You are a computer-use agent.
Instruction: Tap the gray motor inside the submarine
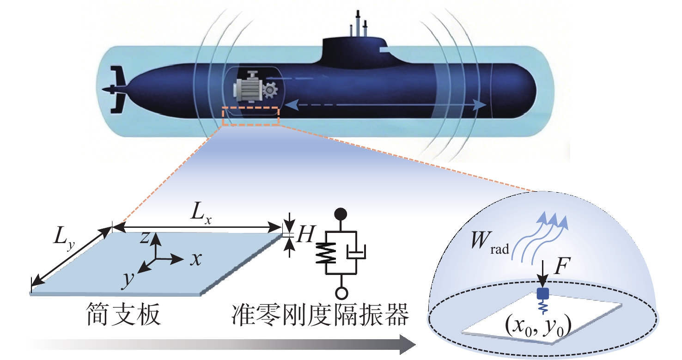click(249, 88)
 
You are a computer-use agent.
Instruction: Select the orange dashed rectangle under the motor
click(250, 116)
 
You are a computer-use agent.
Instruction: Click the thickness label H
click(305, 236)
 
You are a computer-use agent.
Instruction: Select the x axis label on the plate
click(196, 260)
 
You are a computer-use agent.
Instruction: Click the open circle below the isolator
click(341, 293)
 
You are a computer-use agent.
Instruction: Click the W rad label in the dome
click(490, 244)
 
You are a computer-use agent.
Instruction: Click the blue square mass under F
click(542, 293)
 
